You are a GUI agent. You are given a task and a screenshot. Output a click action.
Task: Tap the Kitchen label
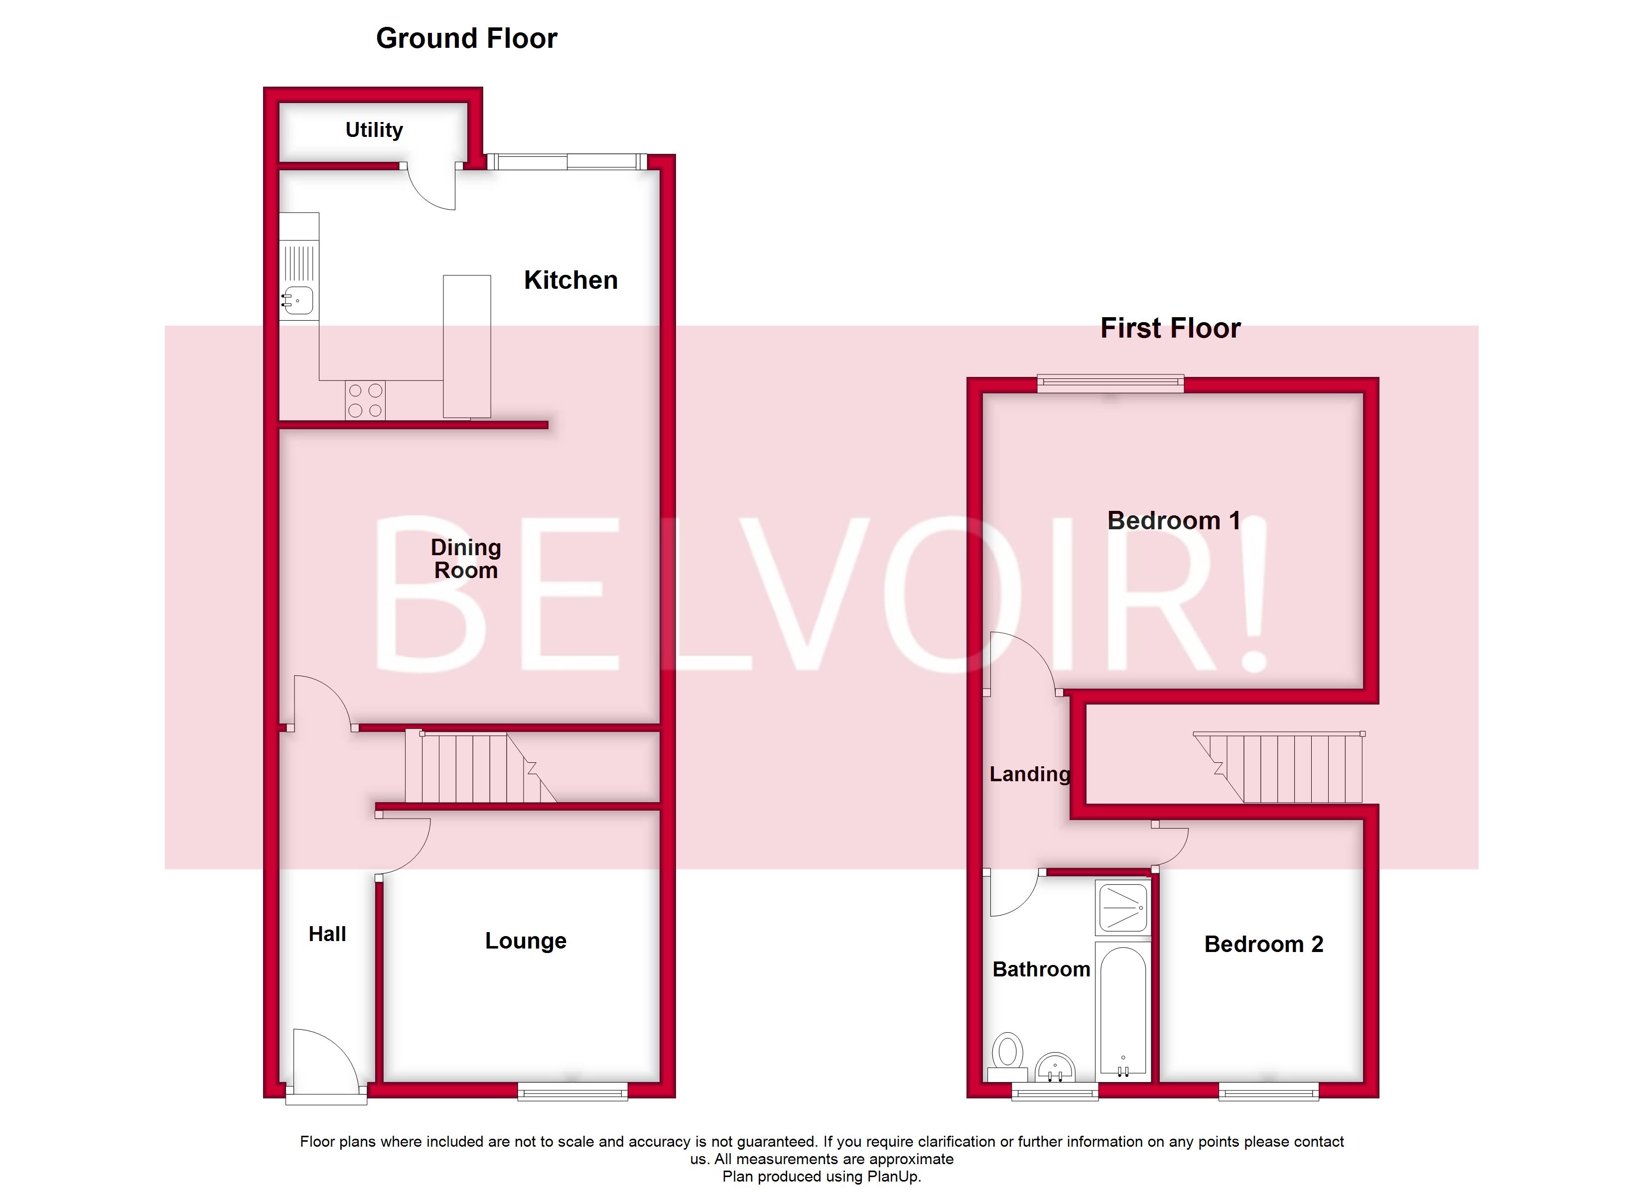pyautogui.click(x=570, y=280)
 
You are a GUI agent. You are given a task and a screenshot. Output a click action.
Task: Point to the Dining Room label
pyautogui.click(x=465, y=559)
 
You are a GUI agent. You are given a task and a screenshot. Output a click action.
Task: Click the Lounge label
pyautogui.click(x=526, y=941)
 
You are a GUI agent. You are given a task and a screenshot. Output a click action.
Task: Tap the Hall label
pyautogui.click(x=327, y=934)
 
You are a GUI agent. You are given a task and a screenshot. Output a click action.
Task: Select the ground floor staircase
pyautogui.click(x=478, y=768)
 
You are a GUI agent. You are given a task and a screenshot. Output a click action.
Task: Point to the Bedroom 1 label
pyautogui.click(x=1174, y=520)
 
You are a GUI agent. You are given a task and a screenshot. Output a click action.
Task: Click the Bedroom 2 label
pyautogui.click(x=1263, y=944)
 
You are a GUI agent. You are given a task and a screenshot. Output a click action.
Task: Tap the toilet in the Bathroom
pyautogui.click(x=1007, y=1055)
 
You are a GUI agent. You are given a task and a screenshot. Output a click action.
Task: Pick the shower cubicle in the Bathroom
pyautogui.click(x=1122, y=907)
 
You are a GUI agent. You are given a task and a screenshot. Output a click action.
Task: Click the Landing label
pyautogui.click(x=1029, y=774)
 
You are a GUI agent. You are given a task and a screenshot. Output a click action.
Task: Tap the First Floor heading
pyautogui.click(x=1170, y=328)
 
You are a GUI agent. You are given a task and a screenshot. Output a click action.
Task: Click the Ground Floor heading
pyautogui.click(x=466, y=38)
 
